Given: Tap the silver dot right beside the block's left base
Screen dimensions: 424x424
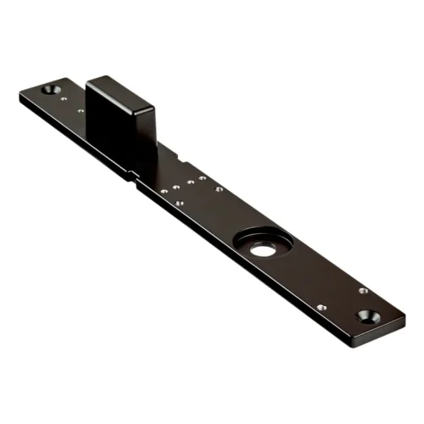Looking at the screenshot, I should click(x=81, y=110).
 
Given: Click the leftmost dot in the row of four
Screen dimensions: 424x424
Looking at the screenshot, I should click(x=164, y=192).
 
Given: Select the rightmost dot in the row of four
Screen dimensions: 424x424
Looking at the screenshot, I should click(x=203, y=179).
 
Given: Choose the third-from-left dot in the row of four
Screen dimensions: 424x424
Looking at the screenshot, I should click(x=190, y=183).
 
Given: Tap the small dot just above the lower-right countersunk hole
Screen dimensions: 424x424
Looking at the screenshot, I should click(x=363, y=292).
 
